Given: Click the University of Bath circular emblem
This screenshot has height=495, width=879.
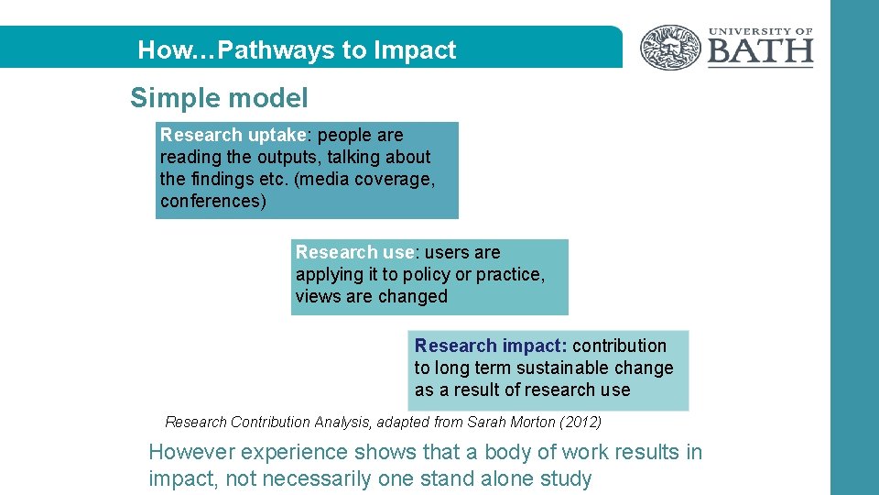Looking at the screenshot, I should point(670,48).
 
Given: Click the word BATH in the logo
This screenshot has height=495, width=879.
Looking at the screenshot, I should point(760,51).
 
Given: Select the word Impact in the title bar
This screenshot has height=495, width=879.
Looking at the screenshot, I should point(415,50).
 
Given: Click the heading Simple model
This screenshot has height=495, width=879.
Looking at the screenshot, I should point(219,98).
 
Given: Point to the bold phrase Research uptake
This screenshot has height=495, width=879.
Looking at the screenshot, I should point(234,135).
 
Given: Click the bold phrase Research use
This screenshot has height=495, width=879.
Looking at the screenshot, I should point(355,252).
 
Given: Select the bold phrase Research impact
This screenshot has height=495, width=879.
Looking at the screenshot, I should point(490,346).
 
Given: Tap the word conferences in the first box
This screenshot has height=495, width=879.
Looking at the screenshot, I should point(210,201).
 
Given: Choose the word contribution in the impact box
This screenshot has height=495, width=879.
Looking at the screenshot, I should point(619,346).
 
